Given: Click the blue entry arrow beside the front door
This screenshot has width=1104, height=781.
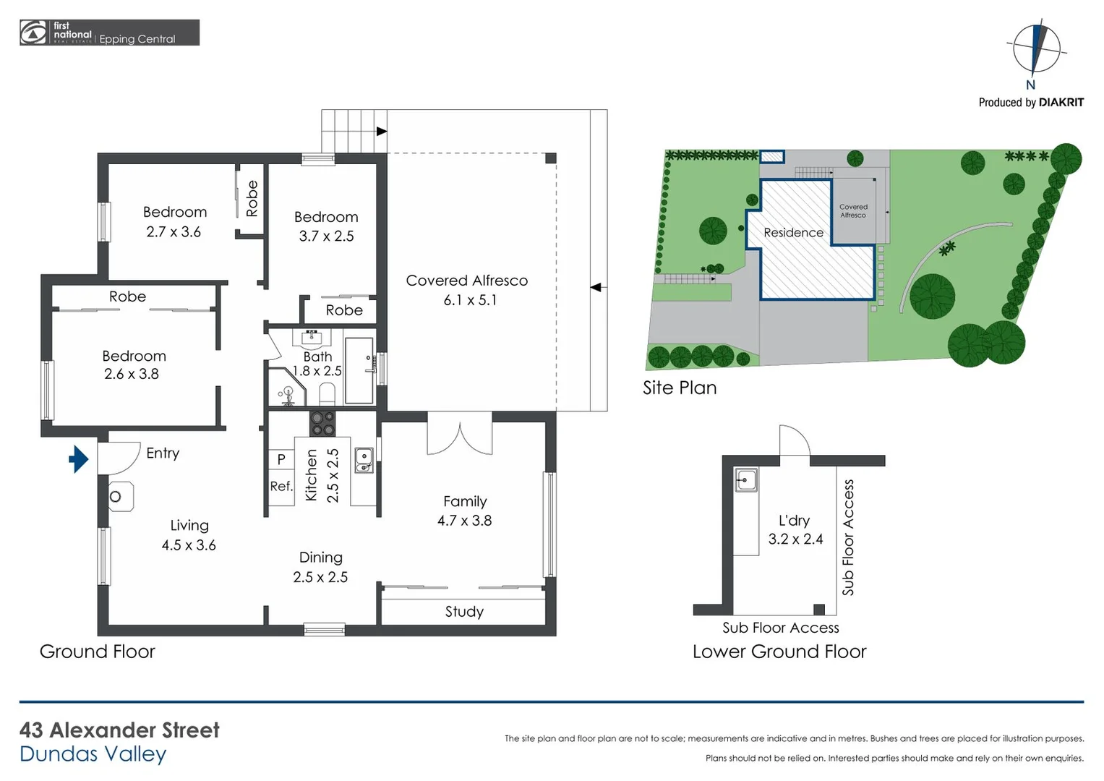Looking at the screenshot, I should tap(79, 458).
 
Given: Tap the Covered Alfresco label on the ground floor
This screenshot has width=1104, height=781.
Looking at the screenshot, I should tap(466, 281).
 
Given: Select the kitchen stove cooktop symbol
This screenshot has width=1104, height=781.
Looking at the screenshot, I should tap(322, 424).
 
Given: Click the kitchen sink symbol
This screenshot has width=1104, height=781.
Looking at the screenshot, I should tap(364, 460).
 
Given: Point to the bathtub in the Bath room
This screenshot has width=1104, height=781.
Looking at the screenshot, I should tap(359, 370).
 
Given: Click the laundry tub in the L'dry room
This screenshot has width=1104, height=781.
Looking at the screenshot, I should tap(746, 479).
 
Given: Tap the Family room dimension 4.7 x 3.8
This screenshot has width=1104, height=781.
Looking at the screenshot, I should tap(464, 521).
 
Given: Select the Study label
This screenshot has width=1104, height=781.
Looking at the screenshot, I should tap(464, 612).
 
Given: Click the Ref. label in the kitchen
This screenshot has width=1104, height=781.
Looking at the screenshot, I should tap(281, 486).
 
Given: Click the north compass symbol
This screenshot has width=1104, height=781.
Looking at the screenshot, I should tap(1035, 49).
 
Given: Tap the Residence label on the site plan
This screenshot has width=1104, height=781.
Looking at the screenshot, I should tap(793, 233).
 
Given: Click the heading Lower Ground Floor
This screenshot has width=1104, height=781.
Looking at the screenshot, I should tap(779, 652).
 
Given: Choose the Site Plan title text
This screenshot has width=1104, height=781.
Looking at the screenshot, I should tap(680, 388).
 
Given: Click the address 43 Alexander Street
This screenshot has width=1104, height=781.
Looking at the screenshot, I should tap(119, 730).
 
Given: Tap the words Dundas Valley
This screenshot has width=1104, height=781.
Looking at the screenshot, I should tap(93, 754).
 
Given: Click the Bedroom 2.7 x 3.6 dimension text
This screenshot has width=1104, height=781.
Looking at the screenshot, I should tap(174, 232).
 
